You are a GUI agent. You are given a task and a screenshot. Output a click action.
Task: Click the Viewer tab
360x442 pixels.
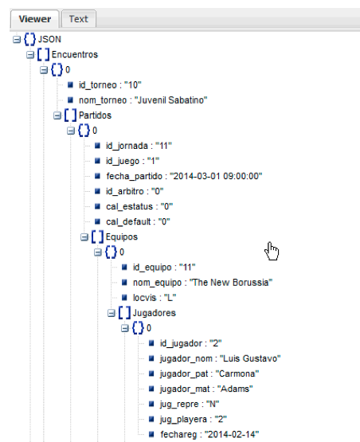[x=34, y=19]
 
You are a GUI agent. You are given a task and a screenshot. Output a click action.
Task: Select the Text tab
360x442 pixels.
[x=79, y=19]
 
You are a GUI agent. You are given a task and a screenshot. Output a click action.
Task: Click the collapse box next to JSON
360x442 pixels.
[x=17, y=40]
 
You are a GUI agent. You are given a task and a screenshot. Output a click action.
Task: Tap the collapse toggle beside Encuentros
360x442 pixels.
[x=30, y=55]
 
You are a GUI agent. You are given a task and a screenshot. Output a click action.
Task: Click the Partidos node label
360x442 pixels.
[x=95, y=115]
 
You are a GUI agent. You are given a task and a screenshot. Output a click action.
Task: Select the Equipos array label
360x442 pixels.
[x=122, y=237]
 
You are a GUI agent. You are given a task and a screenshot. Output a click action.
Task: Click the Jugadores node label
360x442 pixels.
[x=155, y=313]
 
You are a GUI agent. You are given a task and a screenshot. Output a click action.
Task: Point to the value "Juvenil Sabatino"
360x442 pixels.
[x=170, y=100]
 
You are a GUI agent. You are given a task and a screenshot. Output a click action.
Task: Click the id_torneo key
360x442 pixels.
[x=97, y=85]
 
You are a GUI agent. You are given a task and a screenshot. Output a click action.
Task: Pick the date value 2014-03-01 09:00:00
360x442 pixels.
[x=216, y=176]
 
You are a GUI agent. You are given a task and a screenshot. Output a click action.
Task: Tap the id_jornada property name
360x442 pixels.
[x=127, y=146]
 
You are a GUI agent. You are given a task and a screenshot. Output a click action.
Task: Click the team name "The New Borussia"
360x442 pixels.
[x=231, y=283]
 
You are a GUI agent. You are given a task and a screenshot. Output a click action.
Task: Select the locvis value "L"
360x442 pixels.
[x=170, y=298]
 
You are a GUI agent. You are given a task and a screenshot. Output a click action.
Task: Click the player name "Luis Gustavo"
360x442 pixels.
[x=250, y=358]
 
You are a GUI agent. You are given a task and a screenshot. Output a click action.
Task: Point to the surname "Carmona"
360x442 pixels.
[x=237, y=374]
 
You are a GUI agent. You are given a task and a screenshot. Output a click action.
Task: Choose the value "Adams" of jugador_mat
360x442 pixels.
[x=235, y=389]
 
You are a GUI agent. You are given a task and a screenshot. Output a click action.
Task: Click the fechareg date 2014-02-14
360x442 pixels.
[x=232, y=434]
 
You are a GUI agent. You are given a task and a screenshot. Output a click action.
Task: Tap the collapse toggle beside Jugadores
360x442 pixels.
[x=112, y=313]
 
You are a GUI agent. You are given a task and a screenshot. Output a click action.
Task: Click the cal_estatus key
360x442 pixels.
[x=129, y=206]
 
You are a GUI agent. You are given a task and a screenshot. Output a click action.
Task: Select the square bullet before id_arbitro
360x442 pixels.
[x=97, y=191]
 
